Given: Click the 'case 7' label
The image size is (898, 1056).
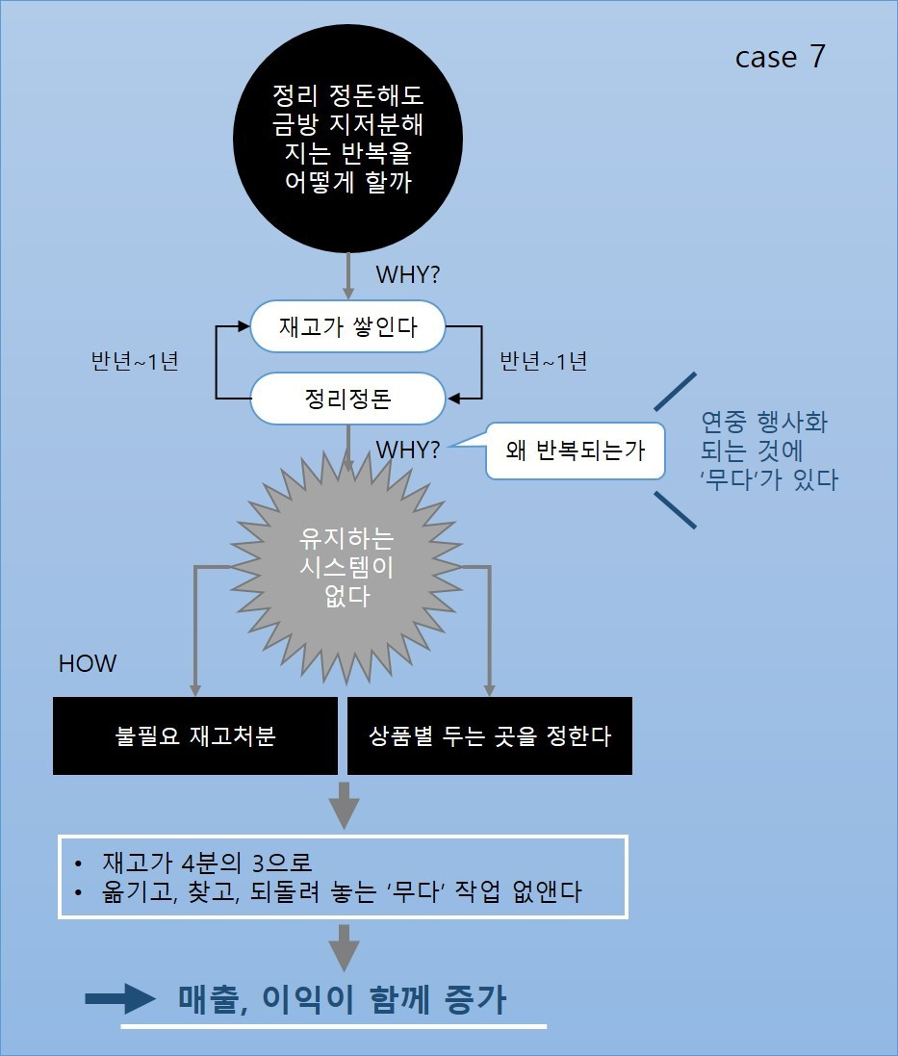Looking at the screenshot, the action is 780,57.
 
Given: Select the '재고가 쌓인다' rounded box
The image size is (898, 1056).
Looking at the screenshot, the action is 348,327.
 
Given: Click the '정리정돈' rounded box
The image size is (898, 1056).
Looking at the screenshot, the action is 348,398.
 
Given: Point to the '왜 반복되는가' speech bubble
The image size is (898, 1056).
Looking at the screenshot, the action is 575,451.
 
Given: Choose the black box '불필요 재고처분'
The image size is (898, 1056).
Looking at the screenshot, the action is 195,736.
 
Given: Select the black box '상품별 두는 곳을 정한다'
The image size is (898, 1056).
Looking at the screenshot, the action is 489,736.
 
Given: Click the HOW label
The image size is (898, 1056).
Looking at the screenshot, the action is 88,664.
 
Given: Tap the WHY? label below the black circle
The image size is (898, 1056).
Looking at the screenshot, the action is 408,274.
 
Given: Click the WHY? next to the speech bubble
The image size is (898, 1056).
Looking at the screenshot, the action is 408,450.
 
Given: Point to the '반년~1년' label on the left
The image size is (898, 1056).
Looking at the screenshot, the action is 134,362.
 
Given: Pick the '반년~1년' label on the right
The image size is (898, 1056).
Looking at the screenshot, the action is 543,362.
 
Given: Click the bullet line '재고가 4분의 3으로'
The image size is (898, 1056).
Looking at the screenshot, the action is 208,862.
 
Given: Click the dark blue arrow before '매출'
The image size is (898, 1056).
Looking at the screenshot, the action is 120,999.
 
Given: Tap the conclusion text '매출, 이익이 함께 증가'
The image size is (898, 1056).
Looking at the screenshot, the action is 342,1000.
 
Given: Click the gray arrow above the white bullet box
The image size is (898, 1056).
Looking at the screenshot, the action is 344,804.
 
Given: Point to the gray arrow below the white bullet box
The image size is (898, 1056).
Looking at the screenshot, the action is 344,947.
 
